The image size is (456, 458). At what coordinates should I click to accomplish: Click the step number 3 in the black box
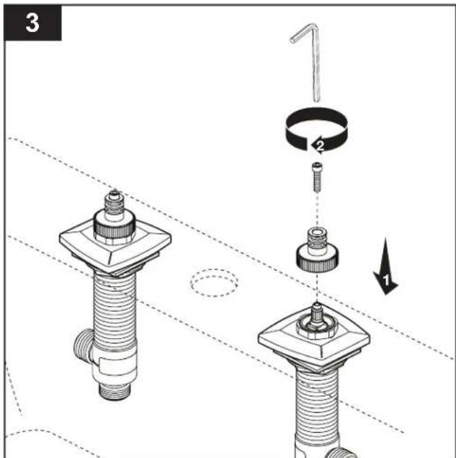click(x=32, y=23)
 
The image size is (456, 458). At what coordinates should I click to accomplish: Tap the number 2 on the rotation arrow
click(x=320, y=145)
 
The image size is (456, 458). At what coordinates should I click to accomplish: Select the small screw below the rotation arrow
click(x=317, y=177)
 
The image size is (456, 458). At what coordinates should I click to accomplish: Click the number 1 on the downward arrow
click(x=386, y=281)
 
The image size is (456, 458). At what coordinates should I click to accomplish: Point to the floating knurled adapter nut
click(x=317, y=251)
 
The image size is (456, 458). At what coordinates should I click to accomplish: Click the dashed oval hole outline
click(x=214, y=283)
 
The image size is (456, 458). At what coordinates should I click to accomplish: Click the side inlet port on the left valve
click(x=83, y=345)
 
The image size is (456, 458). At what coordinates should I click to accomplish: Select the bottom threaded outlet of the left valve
click(x=114, y=391)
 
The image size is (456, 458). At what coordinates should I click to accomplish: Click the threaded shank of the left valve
click(x=115, y=310)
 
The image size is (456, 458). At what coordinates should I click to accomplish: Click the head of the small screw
click(x=317, y=166)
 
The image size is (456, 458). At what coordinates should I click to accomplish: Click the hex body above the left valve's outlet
click(x=115, y=369)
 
